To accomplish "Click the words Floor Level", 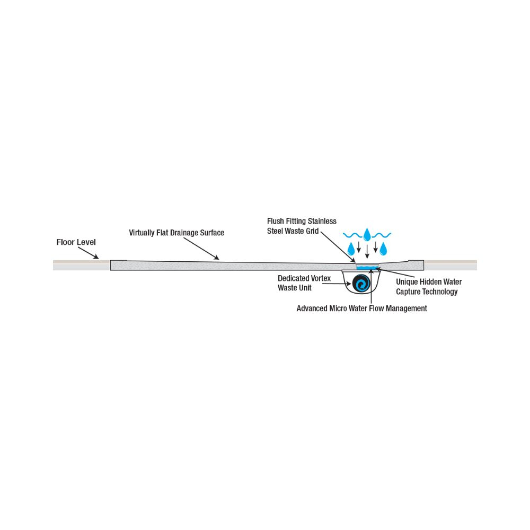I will click(x=76, y=243).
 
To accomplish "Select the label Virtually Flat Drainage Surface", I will click(x=176, y=233).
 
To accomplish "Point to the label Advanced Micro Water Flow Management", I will click(x=361, y=308).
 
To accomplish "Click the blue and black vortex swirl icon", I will click(x=361, y=284).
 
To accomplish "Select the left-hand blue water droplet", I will click(x=350, y=248).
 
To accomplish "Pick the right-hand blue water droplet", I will click(x=383, y=248).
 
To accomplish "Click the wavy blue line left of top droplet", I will click(x=352, y=234).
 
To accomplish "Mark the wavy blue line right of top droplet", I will click(x=382, y=234).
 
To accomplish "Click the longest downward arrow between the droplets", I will click(x=367, y=250).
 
